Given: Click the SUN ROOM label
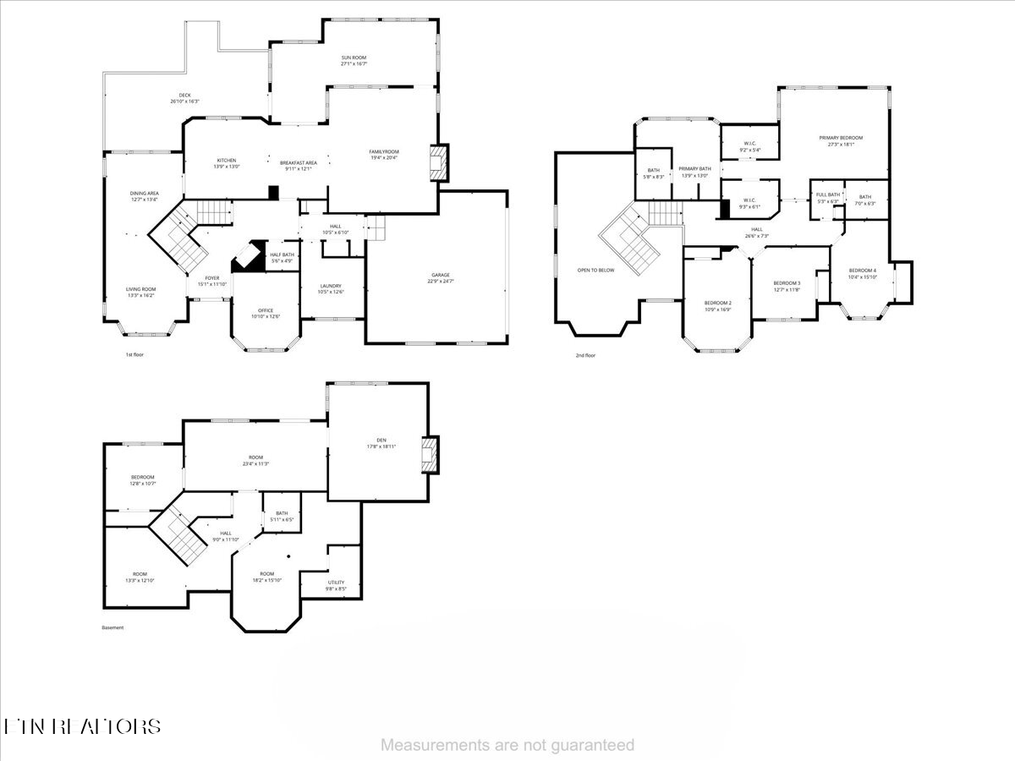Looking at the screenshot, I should (354, 57).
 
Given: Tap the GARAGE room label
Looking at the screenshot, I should (438, 275).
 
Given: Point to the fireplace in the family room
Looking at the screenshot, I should (437, 163).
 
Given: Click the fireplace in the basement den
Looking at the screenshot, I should (431, 454).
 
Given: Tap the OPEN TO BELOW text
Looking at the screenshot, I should (595, 271).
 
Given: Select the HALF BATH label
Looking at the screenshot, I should (282, 255).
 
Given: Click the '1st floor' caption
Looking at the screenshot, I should (134, 354).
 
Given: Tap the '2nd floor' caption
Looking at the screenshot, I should (585, 355).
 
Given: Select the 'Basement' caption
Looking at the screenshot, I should (112, 627).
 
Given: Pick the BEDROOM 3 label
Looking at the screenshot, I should (787, 283).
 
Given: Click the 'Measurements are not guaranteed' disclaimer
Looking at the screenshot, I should (507, 745).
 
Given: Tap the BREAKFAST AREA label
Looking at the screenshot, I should (299, 162).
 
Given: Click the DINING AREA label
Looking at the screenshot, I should (144, 194).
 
